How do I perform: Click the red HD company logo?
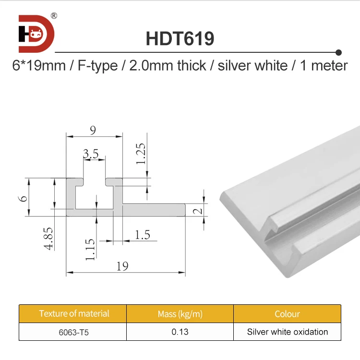(x=36, y=34)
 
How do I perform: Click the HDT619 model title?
(x=180, y=39)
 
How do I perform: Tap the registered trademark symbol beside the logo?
(x=54, y=15)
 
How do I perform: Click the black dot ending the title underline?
(x=338, y=52)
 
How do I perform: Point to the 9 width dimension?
(x=93, y=130)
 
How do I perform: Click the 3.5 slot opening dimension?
(x=91, y=154)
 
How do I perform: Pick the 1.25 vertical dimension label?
(x=141, y=154)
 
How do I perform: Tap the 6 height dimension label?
(x=24, y=197)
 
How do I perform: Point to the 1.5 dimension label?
(x=142, y=234)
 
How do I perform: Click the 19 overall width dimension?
(x=122, y=266)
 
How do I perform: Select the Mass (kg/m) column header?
(x=180, y=314)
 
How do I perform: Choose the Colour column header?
(x=287, y=314)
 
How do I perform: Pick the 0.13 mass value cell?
(x=180, y=332)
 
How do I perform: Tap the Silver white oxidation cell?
(x=287, y=332)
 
